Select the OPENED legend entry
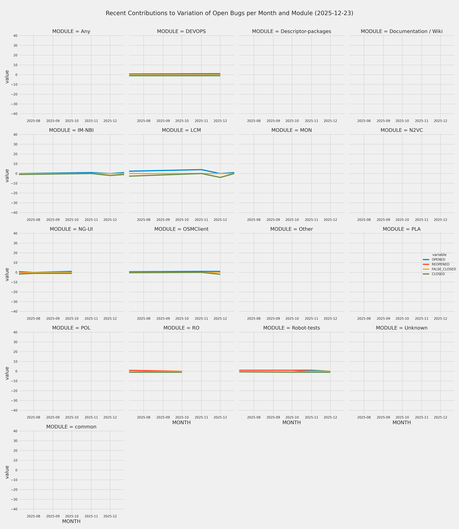click(x=438, y=259)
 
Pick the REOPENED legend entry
click(x=440, y=264)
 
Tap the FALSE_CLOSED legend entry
click(x=444, y=269)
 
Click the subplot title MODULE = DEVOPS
click(x=181, y=32)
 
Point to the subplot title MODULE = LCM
click(x=181, y=130)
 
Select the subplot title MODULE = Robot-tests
click(x=291, y=328)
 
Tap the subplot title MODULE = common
click(x=71, y=427)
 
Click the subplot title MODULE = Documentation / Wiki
click(x=402, y=32)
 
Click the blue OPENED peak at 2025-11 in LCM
click(x=201, y=170)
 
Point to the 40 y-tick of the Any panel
click(x=15, y=36)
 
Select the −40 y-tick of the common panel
click(x=14, y=509)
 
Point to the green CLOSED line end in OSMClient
click(x=220, y=274)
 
